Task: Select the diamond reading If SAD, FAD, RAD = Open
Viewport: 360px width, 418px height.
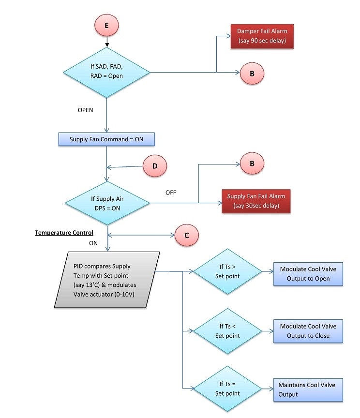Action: click(106, 72)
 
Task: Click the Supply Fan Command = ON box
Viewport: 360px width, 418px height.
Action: click(106, 140)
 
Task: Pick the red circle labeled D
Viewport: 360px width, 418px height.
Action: click(155, 166)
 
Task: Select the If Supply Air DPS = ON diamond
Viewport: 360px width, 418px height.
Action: click(106, 203)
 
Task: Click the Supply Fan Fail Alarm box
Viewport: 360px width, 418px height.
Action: click(256, 201)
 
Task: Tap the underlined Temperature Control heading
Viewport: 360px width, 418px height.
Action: click(63, 233)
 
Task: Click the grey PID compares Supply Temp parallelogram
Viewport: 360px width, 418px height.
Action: click(106, 280)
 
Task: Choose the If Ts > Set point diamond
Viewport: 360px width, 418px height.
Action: click(227, 273)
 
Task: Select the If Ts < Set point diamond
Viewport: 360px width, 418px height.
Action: click(227, 332)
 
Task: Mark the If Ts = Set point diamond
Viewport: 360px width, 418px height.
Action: click(227, 389)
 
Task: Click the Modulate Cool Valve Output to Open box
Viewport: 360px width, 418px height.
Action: click(308, 274)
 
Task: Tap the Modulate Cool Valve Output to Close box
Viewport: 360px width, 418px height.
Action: click(308, 331)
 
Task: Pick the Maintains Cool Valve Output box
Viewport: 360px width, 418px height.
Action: click(308, 389)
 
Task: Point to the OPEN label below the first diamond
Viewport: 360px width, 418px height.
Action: click(86, 110)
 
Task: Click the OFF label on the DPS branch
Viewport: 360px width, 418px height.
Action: click(171, 192)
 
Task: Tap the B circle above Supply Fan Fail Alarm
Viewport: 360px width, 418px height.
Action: click(252, 164)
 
